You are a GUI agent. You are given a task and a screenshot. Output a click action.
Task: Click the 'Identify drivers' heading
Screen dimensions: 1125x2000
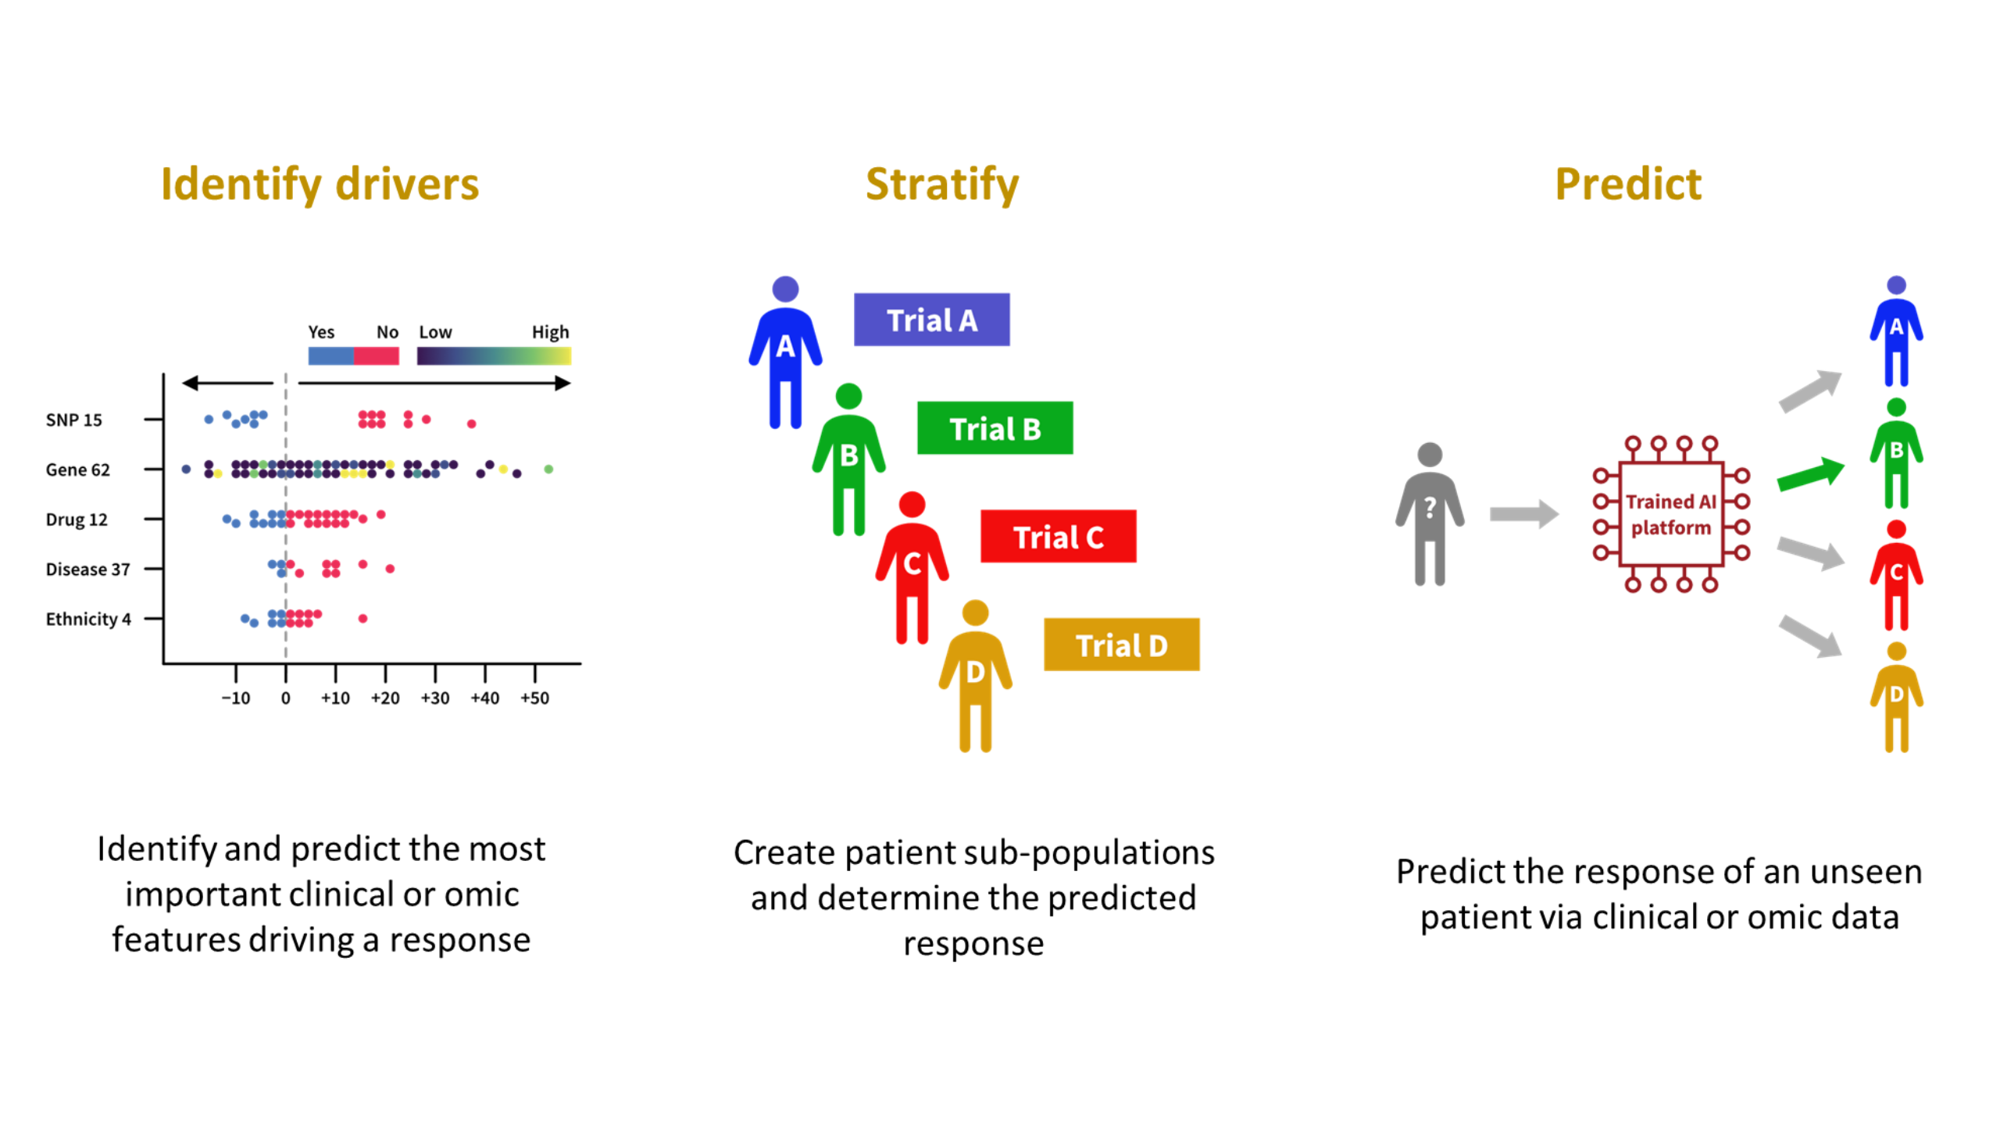pos(320,184)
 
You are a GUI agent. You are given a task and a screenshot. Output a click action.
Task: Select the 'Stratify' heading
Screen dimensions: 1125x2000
pos(942,184)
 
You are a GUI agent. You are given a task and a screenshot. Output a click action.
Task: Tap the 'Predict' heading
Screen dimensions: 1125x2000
pos(1627,184)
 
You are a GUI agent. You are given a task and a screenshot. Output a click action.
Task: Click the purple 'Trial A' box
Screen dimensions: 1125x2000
pos(931,320)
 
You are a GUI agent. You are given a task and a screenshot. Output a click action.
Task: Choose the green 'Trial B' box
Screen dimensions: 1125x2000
pos(995,428)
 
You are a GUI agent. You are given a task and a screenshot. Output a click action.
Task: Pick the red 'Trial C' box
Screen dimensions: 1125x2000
pos(1058,537)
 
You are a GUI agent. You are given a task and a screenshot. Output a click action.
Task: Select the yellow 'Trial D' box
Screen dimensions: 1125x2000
pos(1121,645)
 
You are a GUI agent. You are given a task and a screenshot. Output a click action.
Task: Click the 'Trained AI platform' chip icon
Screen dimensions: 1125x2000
pos(1670,514)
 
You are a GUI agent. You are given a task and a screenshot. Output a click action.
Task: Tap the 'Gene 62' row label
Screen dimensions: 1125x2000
pos(77,470)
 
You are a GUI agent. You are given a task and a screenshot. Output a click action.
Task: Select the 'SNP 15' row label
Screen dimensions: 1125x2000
pos(73,420)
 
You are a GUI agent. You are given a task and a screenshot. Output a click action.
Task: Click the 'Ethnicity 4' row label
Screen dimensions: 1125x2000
pos(87,619)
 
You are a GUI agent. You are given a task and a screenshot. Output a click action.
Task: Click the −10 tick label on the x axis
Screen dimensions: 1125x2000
pos(236,698)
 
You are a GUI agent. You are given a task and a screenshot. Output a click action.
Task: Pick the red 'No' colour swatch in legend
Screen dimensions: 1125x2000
pos(377,356)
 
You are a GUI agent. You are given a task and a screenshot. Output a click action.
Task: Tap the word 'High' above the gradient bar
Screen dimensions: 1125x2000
pos(550,332)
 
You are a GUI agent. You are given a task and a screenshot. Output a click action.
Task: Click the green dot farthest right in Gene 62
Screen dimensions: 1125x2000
pos(548,469)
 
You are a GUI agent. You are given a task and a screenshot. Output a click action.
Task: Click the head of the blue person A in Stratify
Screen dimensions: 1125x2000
pos(785,289)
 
